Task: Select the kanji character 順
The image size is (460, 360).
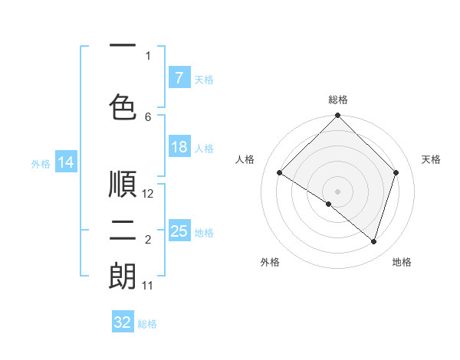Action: [123, 184]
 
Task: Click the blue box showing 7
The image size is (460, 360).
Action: [179, 78]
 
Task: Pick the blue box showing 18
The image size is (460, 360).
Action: [179, 147]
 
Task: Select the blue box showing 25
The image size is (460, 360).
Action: [179, 231]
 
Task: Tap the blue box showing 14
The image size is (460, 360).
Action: [66, 162]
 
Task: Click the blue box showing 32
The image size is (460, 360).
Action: [122, 322]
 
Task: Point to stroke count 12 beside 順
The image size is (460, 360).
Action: [149, 194]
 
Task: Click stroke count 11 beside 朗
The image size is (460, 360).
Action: [147, 286]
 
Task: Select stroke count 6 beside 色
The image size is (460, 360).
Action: [148, 116]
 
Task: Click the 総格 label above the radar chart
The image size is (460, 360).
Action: [337, 100]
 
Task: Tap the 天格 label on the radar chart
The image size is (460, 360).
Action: [432, 159]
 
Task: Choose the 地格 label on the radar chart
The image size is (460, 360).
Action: [402, 262]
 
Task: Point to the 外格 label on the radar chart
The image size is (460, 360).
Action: [270, 262]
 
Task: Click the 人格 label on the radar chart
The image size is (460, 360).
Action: [245, 159]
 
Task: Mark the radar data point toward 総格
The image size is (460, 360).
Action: [337, 116]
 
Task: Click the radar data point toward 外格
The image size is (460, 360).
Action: [329, 204]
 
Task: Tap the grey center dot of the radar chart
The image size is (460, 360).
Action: [337, 191]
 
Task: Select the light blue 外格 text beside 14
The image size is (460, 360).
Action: [40, 163]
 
